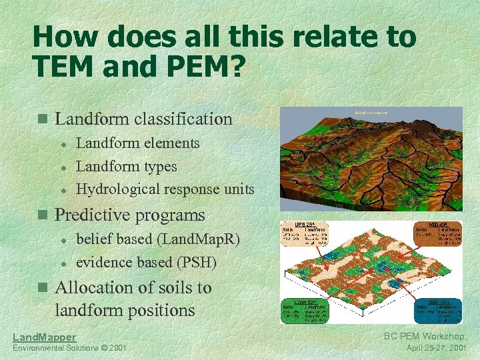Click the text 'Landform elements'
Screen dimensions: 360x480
click(138, 143)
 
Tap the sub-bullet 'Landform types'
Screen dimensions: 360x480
click(127, 166)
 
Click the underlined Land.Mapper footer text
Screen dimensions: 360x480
click(45, 337)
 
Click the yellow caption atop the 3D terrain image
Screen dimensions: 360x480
click(371, 113)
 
